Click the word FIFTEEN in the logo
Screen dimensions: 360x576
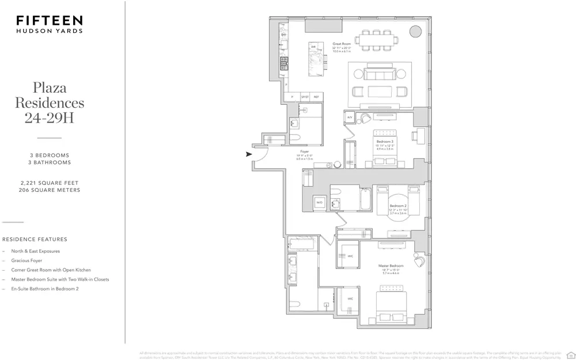[x=50, y=21]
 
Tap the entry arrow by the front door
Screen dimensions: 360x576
[x=249, y=154]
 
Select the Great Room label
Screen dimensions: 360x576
[x=342, y=44]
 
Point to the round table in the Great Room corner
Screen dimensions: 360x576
[x=415, y=31]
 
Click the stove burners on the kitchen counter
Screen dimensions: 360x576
[x=284, y=63]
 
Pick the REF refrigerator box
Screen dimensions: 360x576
[x=316, y=97]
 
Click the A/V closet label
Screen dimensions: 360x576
[x=349, y=118]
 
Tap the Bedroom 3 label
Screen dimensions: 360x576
[x=385, y=141]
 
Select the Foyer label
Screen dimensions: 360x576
[x=305, y=151]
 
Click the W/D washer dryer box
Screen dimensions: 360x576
[x=319, y=202]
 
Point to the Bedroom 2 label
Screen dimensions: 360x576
[x=398, y=206]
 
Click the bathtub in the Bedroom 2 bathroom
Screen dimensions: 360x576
[x=366, y=199]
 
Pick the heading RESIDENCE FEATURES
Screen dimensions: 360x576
[x=35, y=239]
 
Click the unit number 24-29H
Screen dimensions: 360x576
[x=49, y=119]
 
